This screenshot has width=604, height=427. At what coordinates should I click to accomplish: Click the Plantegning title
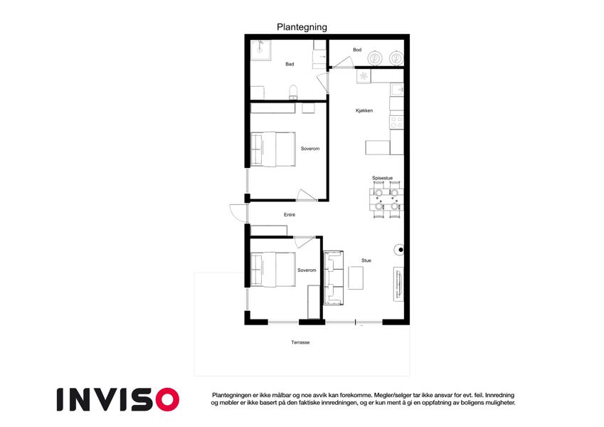point(302,27)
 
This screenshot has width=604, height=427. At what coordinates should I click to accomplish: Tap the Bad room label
point(290,64)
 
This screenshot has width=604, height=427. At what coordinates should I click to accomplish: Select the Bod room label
point(357,50)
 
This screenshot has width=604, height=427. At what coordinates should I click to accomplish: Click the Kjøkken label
point(364,110)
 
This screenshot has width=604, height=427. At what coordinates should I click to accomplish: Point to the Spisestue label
point(382,178)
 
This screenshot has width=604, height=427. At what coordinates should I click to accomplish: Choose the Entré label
point(290,215)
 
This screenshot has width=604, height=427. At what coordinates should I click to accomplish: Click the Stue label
point(366,260)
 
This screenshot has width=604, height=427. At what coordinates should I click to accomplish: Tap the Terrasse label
point(300,342)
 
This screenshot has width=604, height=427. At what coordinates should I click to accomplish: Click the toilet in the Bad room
point(294,92)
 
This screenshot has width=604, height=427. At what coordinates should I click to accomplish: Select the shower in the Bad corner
point(260,50)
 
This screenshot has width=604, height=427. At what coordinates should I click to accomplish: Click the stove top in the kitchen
point(397,122)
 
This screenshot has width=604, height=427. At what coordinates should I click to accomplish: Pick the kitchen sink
point(397,90)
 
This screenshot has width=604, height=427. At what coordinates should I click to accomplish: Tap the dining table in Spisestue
point(386,200)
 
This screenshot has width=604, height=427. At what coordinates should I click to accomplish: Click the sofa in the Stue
point(334,278)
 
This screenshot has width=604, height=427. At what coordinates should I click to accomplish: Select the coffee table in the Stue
point(356,278)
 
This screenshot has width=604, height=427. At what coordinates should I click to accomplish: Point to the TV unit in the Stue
point(398,284)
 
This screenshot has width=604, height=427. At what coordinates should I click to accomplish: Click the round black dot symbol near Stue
point(401,250)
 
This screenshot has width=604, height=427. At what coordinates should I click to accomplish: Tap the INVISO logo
point(118,399)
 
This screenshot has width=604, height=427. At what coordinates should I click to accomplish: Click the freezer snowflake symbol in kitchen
point(364,75)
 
